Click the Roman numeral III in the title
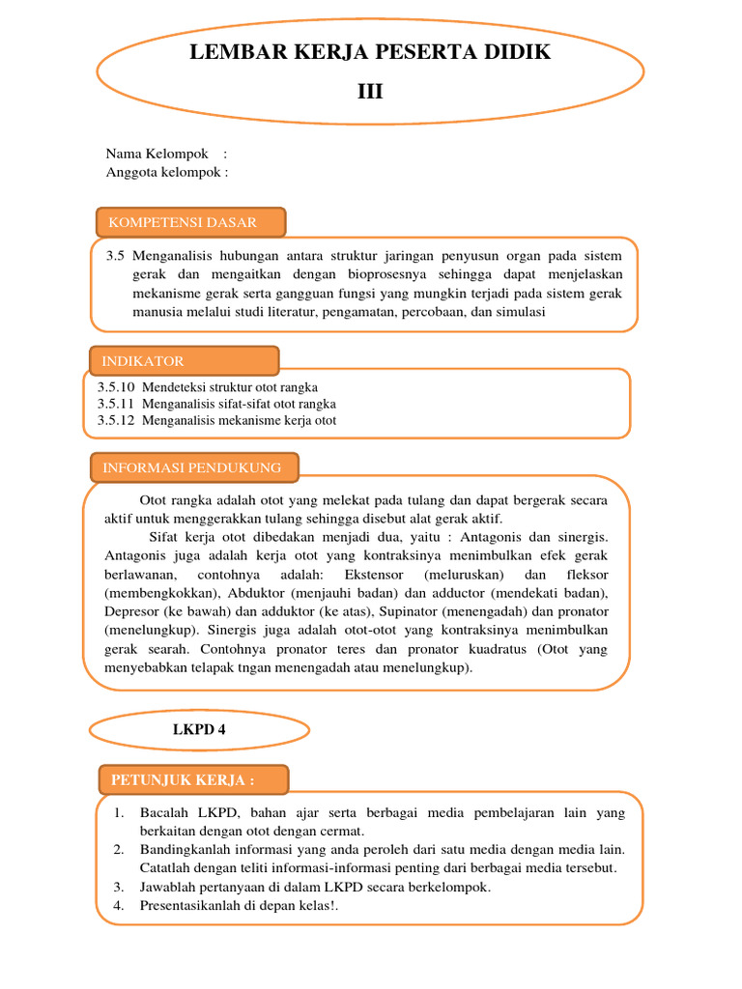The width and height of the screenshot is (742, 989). [x=370, y=92]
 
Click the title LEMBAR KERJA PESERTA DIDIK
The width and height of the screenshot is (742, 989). [x=371, y=52]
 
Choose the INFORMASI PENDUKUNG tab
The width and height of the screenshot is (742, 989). [x=193, y=467]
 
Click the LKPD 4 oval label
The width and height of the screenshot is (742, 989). [x=198, y=729]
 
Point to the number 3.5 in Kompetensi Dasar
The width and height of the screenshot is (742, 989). [x=116, y=256]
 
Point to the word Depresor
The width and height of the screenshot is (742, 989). [x=134, y=611]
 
